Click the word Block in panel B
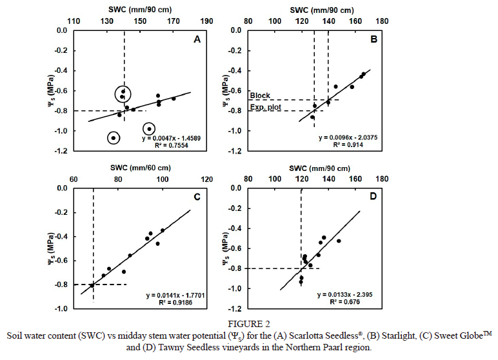(x=260, y=95)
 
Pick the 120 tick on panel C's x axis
(x=207, y=179)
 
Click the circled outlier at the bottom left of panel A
(x=114, y=138)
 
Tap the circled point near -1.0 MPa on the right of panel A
(x=149, y=129)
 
